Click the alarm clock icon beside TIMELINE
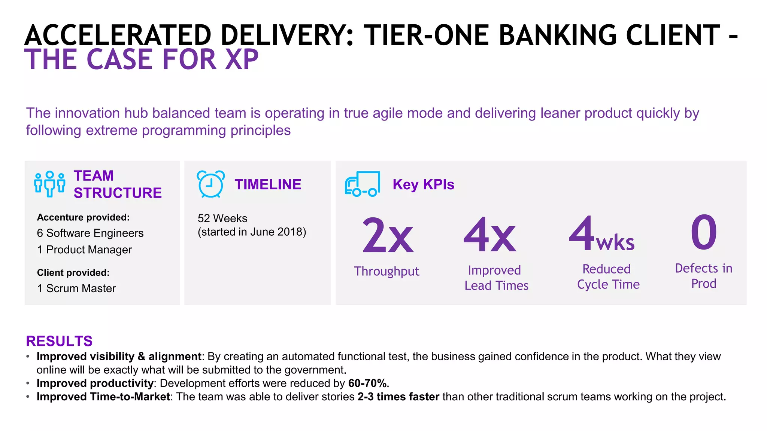tap(210, 184)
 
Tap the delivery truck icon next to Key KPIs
tap(362, 184)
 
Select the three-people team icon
tap(49, 184)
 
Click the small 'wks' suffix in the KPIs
tap(615, 243)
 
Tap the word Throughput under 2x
tap(386, 271)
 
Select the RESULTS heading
tap(59, 341)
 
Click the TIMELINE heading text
tap(268, 184)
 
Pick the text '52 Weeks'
tap(222, 218)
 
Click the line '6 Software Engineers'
tap(90, 233)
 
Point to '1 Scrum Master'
tap(76, 288)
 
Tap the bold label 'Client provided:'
tap(73, 273)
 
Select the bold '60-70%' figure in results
tap(369, 383)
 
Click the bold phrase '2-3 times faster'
tap(398, 397)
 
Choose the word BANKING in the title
tap(558, 36)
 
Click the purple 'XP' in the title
tap(242, 60)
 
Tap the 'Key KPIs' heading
tap(423, 184)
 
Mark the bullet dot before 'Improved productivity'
tap(28, 383)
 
